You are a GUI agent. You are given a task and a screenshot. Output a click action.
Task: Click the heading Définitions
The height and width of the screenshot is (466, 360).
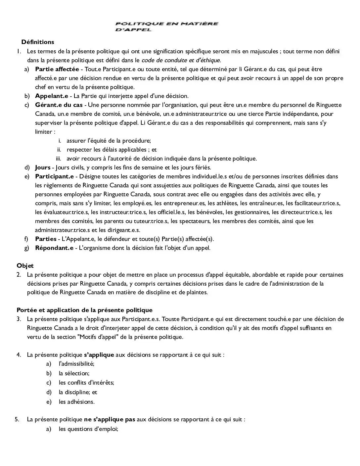38,42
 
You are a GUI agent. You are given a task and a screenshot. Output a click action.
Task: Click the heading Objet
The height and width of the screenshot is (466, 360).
25,266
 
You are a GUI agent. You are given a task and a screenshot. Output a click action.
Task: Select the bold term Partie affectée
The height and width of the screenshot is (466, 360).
57,69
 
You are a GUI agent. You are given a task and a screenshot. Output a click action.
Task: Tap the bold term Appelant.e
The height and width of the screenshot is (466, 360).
51,96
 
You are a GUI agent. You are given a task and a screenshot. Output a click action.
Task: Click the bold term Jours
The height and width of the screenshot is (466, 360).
43,167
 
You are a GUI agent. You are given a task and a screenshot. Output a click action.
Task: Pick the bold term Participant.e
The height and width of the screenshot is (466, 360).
54,176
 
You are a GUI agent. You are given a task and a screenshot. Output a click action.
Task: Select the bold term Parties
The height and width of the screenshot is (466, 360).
46,239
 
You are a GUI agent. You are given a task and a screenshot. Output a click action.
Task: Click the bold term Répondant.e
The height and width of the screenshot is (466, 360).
54,248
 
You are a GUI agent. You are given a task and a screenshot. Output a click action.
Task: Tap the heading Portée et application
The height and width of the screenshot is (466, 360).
84,310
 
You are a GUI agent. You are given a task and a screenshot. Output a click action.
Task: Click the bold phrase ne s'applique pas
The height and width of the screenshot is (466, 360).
110,420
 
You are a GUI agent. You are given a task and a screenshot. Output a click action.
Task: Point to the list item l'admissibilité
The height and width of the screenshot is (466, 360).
76,364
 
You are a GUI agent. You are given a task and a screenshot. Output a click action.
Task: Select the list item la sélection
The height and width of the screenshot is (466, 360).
74,373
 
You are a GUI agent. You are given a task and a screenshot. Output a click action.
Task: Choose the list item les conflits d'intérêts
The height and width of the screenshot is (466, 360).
86,383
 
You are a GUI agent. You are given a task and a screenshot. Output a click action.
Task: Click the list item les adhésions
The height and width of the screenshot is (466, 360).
76,402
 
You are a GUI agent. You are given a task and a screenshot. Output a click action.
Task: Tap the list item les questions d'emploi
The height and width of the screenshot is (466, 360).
88,429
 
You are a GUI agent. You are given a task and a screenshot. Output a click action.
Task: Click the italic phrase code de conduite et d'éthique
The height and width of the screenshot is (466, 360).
181,60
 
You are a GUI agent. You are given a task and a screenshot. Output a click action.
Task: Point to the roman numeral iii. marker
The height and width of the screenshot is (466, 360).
59,159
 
